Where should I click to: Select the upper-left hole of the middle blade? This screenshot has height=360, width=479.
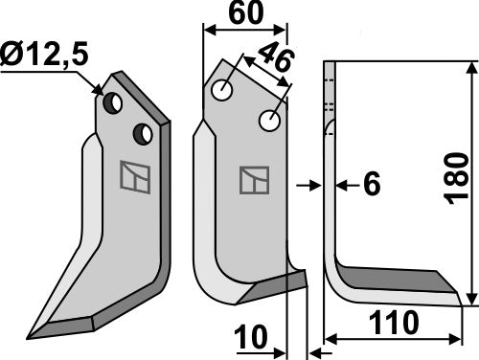click(x=223, y=92)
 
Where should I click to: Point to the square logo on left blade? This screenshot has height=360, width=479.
click(x=129, y=177)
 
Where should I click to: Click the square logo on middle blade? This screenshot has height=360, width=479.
click(x=254, y=179)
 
